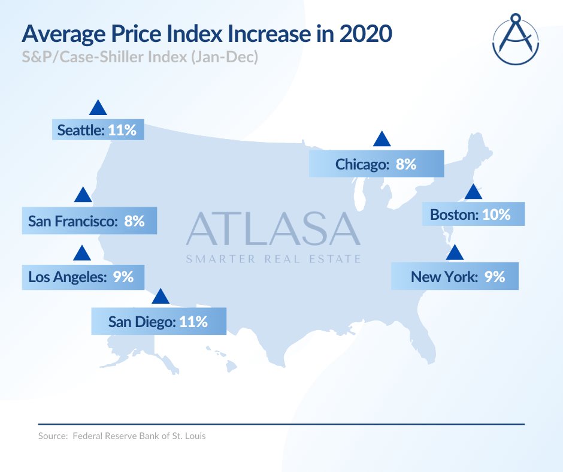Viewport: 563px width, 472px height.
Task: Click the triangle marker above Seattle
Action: point(98,108)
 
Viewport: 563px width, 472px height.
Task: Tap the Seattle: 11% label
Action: point(98,130)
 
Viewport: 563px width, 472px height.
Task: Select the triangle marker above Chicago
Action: point(382,140)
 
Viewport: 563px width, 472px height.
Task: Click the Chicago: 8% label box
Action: point(376,164)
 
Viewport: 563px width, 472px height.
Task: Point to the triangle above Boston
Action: point(473,192)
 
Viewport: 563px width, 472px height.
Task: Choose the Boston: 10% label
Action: point(473,214)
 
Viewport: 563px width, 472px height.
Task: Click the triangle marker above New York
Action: point(455,253)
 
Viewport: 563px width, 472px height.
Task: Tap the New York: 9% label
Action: point(455,277)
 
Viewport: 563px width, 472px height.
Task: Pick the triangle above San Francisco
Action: point(83,195)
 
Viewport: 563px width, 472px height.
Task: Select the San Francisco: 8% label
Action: point(89,221)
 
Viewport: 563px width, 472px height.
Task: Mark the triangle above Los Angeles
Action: point(81,253)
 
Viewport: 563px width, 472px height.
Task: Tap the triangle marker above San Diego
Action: point(160,297)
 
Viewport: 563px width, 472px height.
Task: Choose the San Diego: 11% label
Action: point(159,322)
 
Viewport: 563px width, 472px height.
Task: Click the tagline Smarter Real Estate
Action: point(273,259)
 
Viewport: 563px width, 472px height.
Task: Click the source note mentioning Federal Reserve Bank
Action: point(122,436)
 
